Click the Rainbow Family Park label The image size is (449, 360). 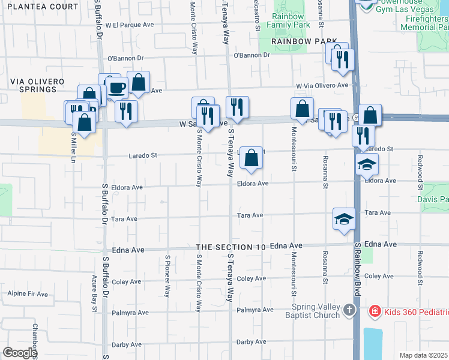pos(291,20)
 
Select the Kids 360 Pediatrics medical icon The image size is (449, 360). pos(375,311)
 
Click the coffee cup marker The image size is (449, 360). pos(117,88)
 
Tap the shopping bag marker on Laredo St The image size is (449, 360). pos(252,158)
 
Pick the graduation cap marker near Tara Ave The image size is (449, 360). pos(345,218)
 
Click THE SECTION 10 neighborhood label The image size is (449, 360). pos(231,247)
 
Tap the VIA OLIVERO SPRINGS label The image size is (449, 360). pos(33,85)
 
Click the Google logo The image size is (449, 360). pos(19,353)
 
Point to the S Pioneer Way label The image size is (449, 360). pos(167,279)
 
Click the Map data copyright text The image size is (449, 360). pos(424,355)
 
